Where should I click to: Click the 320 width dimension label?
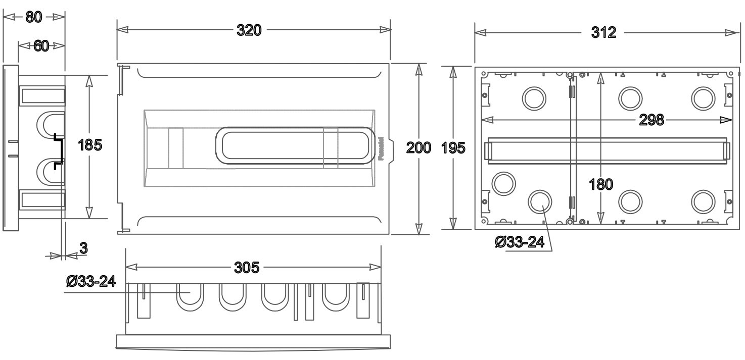[250, 30]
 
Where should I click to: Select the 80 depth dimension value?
[34, 16]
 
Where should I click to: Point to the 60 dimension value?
[41, 46]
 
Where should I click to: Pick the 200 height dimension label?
[419, 148]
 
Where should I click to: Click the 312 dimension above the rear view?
[604, 32]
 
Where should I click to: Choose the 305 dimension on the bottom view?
[248, 267]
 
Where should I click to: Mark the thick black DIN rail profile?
[59, 149]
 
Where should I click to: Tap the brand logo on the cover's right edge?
[382, 149]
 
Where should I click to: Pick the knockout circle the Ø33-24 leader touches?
[540, 201]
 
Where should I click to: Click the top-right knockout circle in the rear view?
[703, 97]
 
